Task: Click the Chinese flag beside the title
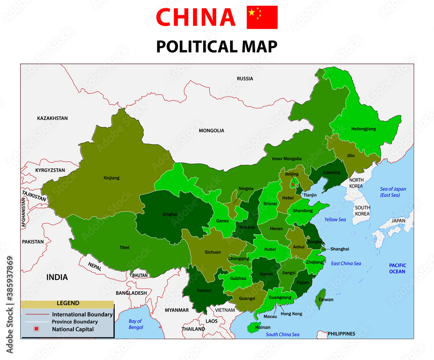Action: pyautogui.click(x=262, y=17)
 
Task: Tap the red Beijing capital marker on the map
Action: pyautogui.click(x=293, y=184)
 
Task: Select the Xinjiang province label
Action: pyautogui.click(x=112, y=178)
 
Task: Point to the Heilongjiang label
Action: pyautogui.click(x=364, y=129)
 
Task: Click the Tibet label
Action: pyautogui.click(x=125, y=248)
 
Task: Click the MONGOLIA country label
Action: pyautogui.click(x=211, y=130)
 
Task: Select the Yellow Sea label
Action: pyautogui.click(x=335, y=220)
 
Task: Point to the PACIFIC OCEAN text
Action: pyautogui.click(x=397, y=268)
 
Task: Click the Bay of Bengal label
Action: pyautogui.click(x=135, y=324)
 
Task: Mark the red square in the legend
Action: pyautogui.click(x=36, y=329)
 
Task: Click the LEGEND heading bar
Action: pyautogui.click(x=67, y=304)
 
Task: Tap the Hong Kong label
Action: pyautogui.click(x=291, y=314)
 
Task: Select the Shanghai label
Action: pyautogui.click(x=339, y=249)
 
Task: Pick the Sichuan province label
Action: pyautogui.click(x=213, y=252)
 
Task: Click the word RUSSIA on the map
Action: pyautogui.click(x=245, y=79)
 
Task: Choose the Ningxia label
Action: pyautogui.click(x=246, y=188)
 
